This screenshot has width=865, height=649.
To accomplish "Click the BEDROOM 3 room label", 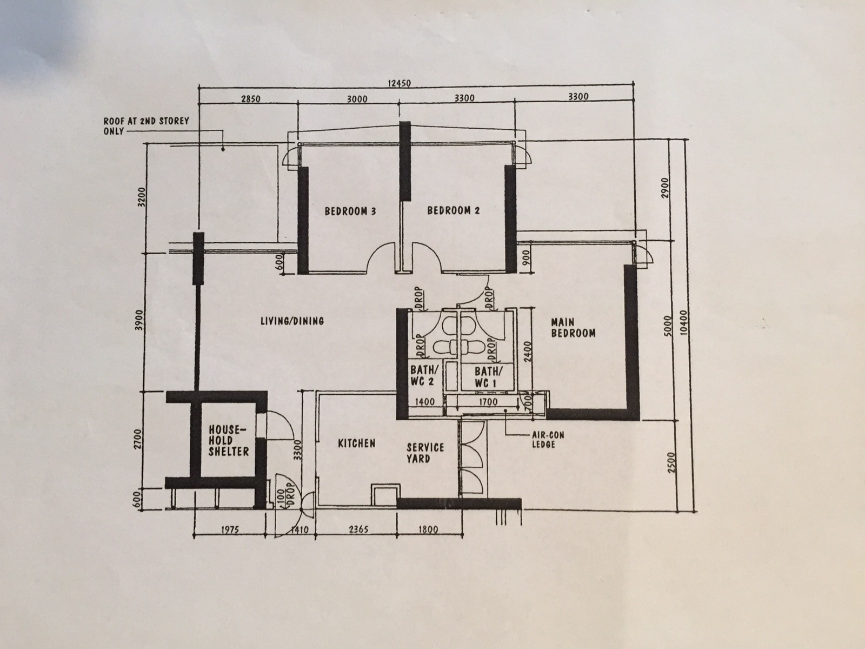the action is (350, 211).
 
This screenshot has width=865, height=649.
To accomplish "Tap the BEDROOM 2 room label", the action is (454, 210).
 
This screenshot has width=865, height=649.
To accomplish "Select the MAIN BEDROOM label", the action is (573, 328).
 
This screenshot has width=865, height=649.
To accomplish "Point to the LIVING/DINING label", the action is (292, 321).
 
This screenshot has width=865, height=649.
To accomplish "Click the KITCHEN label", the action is (357, 443).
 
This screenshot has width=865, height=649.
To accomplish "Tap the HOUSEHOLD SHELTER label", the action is (229, 441).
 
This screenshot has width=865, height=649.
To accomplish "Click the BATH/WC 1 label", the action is (489, 377).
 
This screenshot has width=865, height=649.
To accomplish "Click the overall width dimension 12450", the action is (399, 83).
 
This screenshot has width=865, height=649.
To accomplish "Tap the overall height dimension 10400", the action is (683, 323).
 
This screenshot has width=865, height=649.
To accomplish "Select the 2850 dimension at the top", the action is (251, 98).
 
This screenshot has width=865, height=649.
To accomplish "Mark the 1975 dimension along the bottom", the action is (230, 529).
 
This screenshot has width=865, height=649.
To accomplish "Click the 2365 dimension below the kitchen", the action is (358, 529).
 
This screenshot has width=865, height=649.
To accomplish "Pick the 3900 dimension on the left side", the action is (140, 321).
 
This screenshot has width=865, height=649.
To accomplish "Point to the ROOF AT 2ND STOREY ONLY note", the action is (146, 126).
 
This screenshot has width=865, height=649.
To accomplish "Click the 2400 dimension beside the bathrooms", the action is (528, 352).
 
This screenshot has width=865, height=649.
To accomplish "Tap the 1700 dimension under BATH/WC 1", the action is (488, 402).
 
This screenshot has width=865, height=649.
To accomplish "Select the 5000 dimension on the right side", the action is (667, 326).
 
